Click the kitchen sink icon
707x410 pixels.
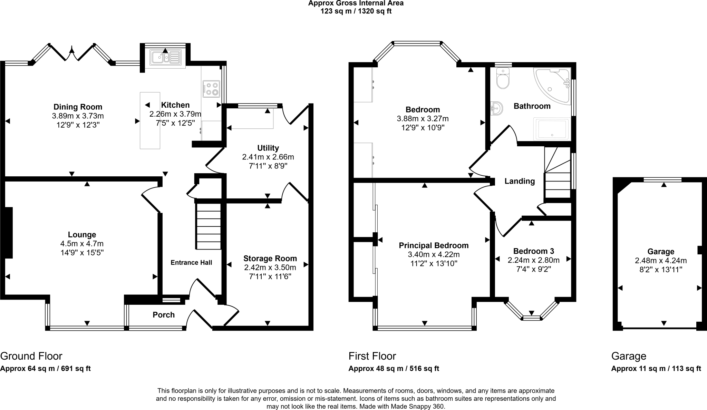pos(165,57)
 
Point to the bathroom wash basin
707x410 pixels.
pos(496,109)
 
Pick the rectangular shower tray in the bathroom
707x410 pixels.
pos(551,129)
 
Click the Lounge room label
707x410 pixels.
pos(82,235)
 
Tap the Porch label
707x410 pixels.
pos(164,315)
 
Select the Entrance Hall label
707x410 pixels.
pos(191,263)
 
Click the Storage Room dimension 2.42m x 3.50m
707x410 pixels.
pos(270,267)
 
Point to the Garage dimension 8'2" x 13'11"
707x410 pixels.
pos(661,270)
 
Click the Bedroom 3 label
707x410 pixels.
pos(533,251)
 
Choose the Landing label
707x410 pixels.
pos(520,181)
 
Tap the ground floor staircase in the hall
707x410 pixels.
pos(209,226)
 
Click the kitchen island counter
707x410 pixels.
pos(150,120)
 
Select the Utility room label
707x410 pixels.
pos(268,148)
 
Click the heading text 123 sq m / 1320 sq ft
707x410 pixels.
pos(356,11)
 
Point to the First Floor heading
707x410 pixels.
pos(372,356)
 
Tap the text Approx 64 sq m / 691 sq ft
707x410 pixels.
pos(45,369)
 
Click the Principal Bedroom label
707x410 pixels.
pos(434,245)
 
